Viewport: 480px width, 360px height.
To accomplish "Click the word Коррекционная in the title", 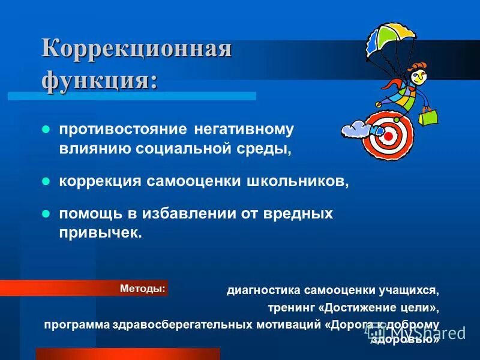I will coord(136,48).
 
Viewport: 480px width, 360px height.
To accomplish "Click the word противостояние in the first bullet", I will coord(123,129).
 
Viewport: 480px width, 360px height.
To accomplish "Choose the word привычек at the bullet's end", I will coord(99,233).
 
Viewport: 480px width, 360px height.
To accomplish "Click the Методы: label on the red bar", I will coord(142,289).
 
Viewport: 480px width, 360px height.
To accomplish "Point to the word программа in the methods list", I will coord(76,325).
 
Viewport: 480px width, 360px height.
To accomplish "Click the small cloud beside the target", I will coord(355,129).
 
